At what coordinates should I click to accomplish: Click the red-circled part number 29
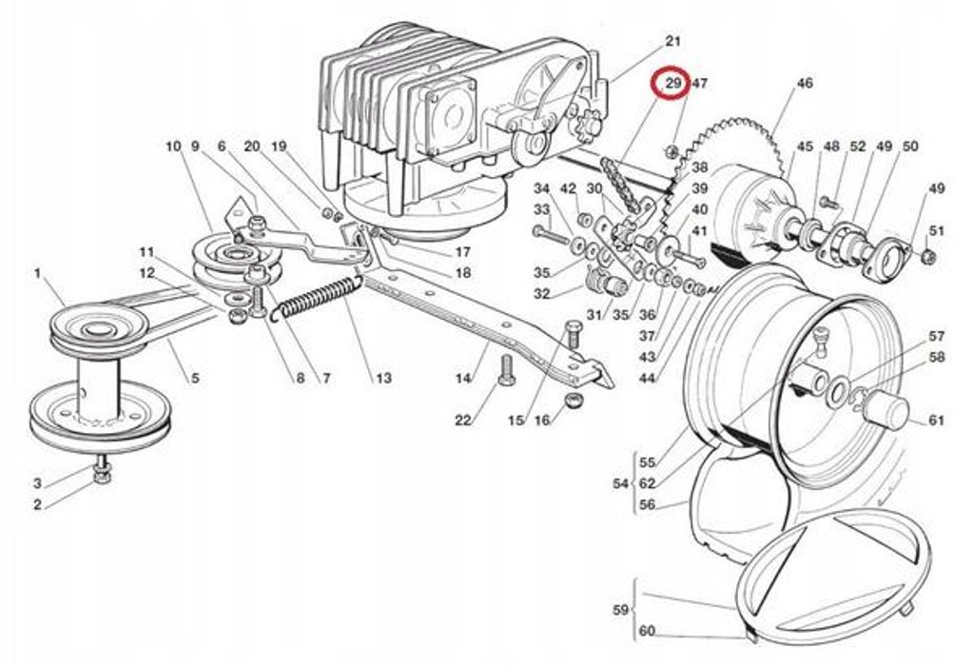pos(674,83)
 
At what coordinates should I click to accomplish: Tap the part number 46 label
pos(805,83)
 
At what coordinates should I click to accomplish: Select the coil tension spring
pos(318,296)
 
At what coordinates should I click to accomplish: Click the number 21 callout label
pos(673,41)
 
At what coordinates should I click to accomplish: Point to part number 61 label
pos(937,421)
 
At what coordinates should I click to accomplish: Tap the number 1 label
pos(37,273)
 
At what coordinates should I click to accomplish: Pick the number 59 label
pos(620,610)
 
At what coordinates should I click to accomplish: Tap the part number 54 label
pos(620,482)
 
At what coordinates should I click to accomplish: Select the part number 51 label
pos(937,230)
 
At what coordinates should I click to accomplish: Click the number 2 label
pos(37,504)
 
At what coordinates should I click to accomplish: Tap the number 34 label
pos(542,188)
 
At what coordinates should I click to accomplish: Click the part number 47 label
pos(700,83)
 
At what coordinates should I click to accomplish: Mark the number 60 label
pos(647,631)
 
